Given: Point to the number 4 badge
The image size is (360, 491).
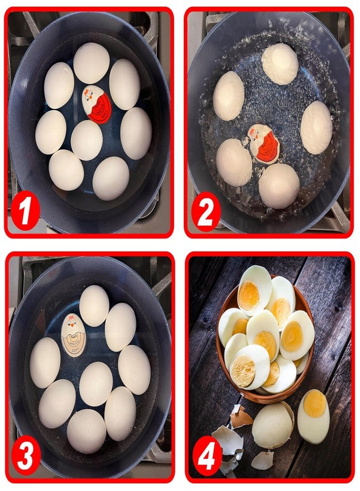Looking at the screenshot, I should tap(208, 456).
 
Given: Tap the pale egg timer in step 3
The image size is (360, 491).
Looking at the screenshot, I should tap(73, 335).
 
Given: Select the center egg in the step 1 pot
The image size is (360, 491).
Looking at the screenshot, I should tap(87, 140).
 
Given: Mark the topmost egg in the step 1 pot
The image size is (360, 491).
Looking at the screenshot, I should tap(91, 63).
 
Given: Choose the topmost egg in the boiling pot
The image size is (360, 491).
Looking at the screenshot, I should tap(280, 63).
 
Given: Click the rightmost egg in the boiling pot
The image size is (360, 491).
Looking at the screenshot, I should tap(316, 127).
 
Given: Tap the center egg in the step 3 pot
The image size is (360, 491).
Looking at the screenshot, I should tap(96, 384).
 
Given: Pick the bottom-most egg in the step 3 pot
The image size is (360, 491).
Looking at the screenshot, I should tap(87, 430).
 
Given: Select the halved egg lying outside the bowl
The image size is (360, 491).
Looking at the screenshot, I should tap(313, 416).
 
